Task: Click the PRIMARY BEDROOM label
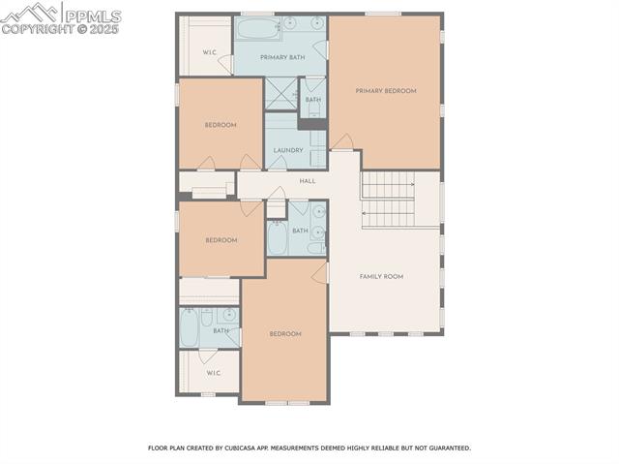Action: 385,91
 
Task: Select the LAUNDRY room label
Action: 288,150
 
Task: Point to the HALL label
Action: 307,181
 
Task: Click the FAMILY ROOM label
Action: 381,276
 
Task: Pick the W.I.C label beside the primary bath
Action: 209,51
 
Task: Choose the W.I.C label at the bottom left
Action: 213,372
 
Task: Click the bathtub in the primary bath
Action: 257,27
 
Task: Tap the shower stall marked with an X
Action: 280,93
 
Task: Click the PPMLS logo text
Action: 92,15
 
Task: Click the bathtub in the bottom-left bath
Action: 189,326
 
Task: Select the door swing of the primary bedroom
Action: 341,141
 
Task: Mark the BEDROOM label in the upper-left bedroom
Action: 221,125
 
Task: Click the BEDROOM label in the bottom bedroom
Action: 284,334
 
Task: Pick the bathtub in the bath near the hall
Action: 277,238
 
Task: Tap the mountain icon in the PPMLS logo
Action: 31,13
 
